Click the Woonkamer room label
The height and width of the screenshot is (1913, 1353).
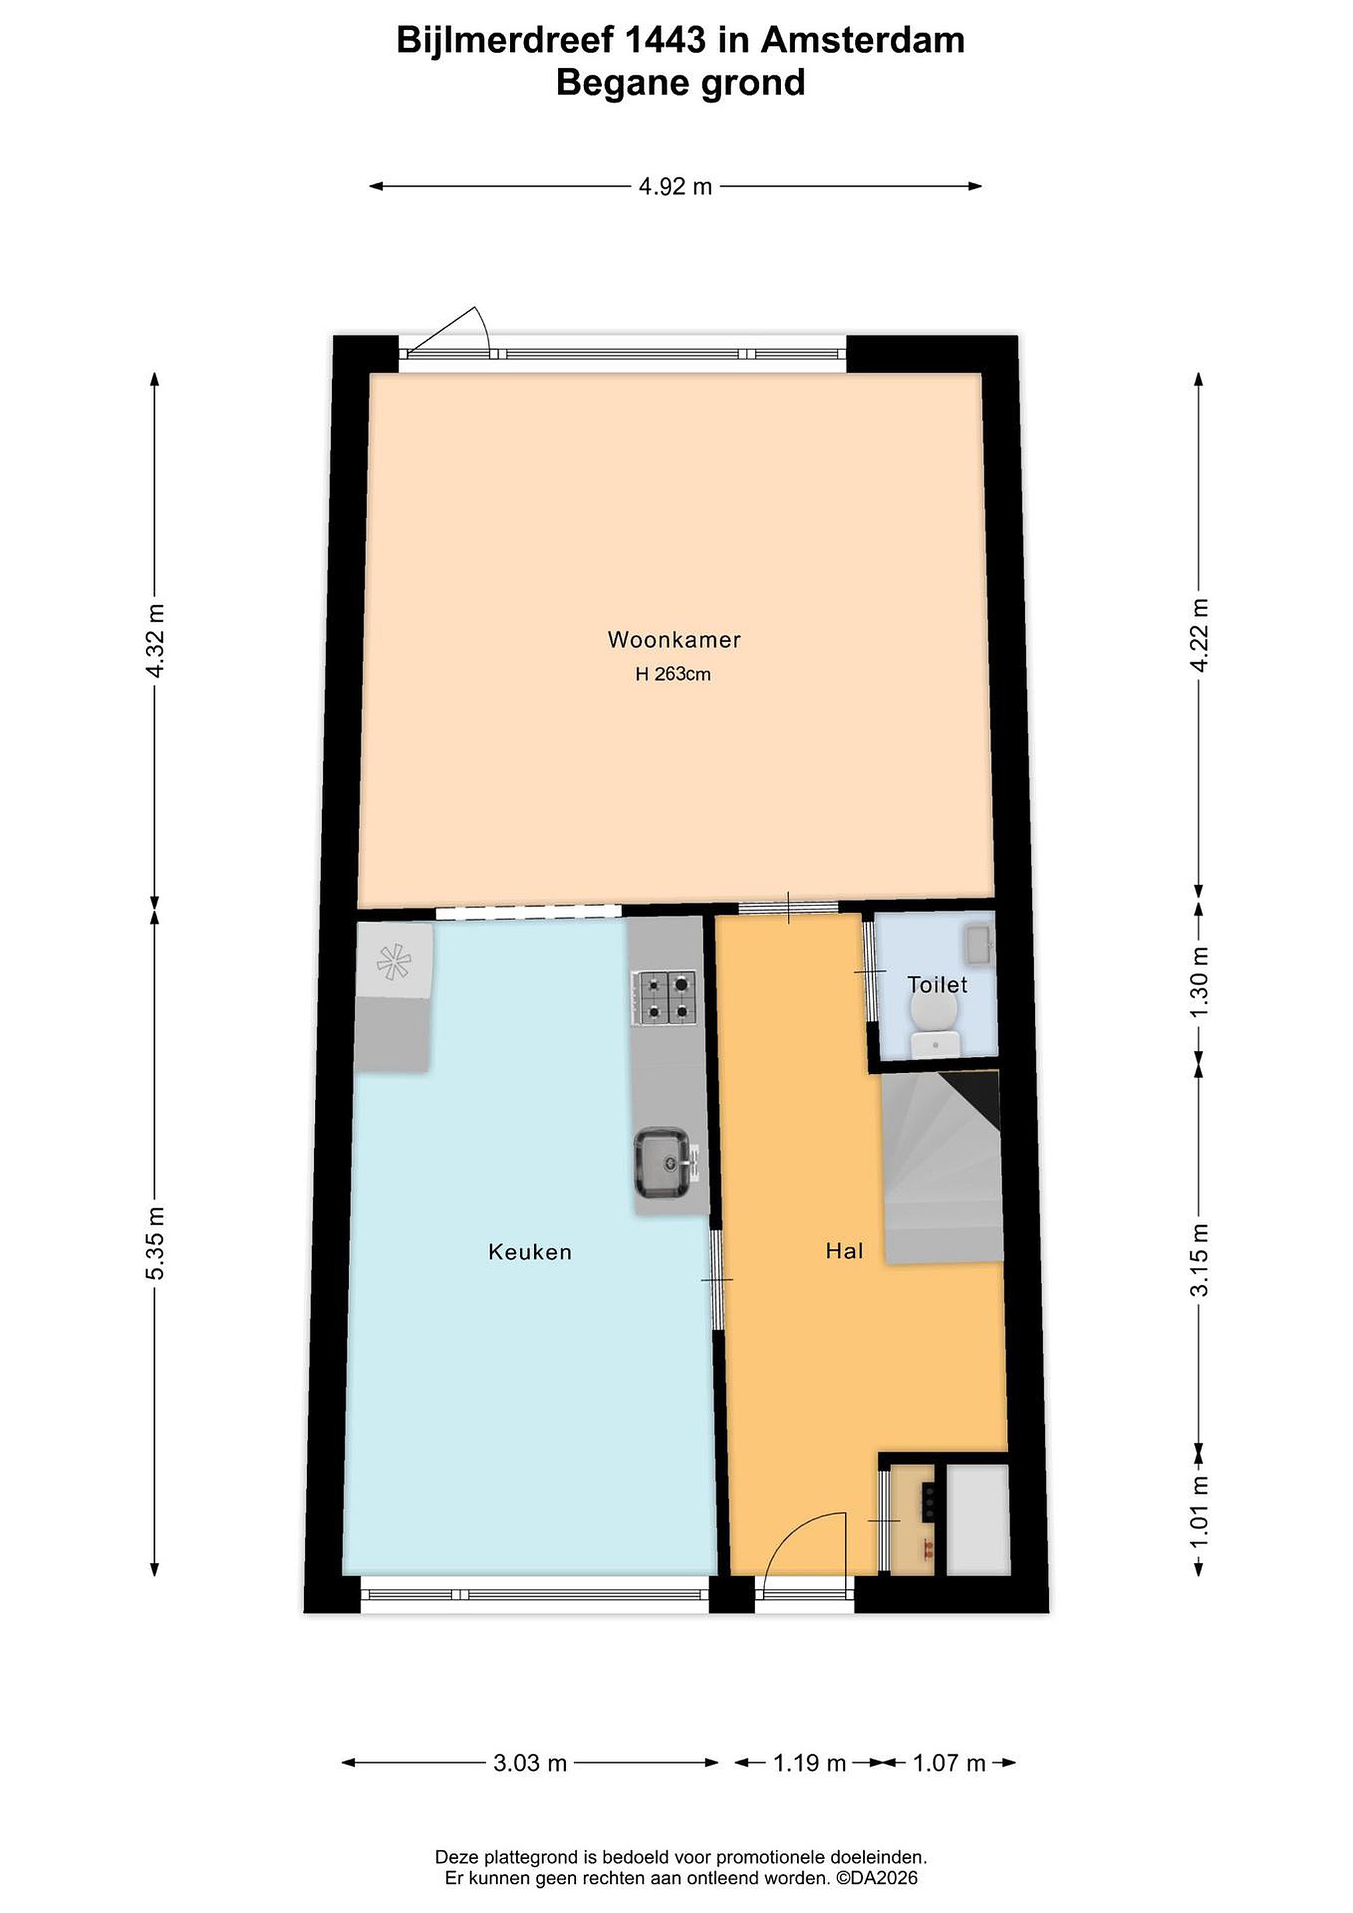[674, 640]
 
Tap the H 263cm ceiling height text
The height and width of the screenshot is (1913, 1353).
[673, 675]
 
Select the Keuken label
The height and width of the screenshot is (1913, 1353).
[530, 1252]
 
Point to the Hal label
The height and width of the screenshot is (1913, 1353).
[844, 1251]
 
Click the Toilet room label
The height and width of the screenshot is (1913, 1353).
[937, 985]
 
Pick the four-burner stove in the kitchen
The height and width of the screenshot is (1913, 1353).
[664, 998]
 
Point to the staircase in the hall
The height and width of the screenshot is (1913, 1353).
[941, 1166]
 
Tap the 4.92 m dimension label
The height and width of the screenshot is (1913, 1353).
[675, 187]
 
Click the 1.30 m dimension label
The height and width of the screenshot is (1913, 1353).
[1200, 982]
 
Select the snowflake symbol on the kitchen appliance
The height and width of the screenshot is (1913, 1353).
[393, 962]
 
